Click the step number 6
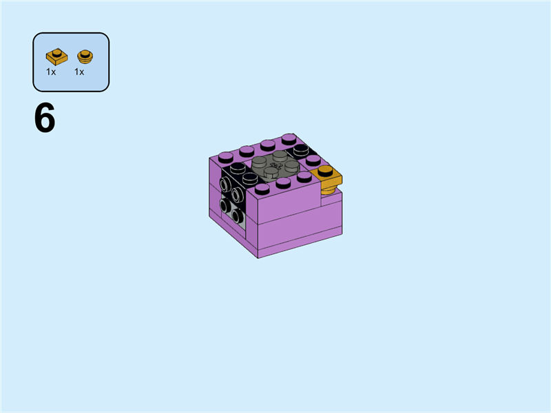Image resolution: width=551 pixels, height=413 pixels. pos(45,119)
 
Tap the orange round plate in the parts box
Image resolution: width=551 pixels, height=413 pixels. pos(85,56)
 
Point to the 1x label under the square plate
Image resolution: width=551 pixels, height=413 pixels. pos(51,72)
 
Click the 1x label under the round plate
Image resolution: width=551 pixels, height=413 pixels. pos(79,72)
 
